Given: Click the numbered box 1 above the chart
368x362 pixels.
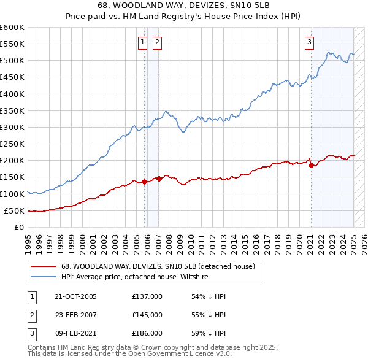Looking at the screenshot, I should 142,42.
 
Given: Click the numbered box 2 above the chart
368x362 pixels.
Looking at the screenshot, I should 157,42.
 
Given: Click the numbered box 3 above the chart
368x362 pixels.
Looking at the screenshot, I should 309,42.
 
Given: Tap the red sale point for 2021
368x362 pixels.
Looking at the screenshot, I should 311,165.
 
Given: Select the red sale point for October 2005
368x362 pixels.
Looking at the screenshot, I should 145,182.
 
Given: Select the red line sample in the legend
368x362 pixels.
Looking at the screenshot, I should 44,266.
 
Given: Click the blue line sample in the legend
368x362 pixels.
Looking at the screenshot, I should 44,277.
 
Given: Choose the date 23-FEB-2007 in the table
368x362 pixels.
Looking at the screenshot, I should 75,315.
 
